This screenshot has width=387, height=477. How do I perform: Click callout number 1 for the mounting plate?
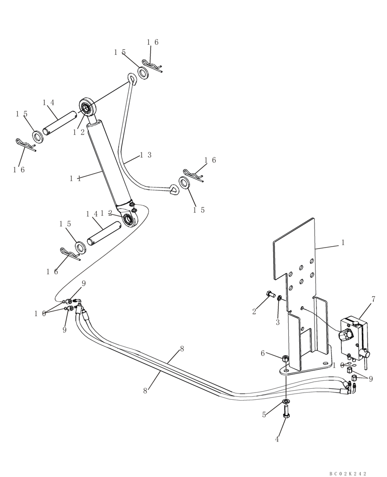(342, 242)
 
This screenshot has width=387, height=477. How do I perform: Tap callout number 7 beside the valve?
(373, 299)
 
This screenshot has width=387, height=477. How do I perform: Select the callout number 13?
(145, 155)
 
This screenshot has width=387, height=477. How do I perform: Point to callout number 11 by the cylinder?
(75, 178)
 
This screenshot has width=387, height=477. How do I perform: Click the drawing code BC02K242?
(347, 473)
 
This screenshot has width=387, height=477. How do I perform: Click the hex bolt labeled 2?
(269, 294)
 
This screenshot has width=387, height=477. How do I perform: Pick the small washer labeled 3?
(280, 299)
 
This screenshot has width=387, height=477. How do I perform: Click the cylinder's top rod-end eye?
(88, 107)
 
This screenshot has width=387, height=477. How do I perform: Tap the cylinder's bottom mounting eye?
(130, 219)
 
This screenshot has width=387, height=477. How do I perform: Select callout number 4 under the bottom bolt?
(277, 439)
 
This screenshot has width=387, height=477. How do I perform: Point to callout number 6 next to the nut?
(263, 353)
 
